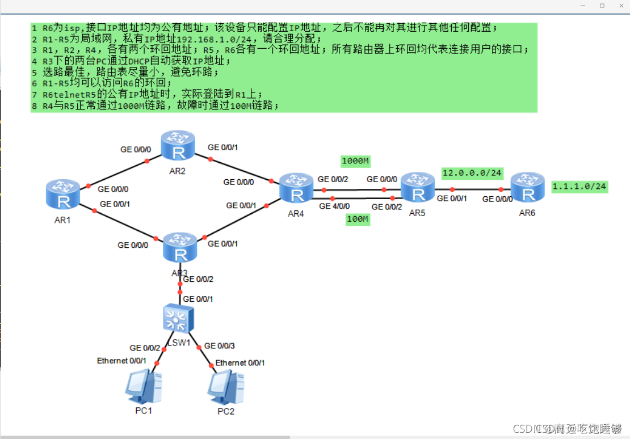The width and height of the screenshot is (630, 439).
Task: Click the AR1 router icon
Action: (x=63, y=194)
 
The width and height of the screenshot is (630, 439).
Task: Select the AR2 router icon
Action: (x=178, y=145)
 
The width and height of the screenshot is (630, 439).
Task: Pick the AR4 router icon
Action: (x=296, y=188)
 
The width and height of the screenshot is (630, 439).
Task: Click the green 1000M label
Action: (x=355, y=161)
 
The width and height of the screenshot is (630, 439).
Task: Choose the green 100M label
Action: (x=358, y=219)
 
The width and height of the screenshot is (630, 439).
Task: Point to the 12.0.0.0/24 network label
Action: (x=472, y=173)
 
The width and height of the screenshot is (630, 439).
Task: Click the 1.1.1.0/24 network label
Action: (x=579, y=186)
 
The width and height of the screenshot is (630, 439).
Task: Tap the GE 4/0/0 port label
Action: (x=334, y=206)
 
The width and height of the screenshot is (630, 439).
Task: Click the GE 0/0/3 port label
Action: (x=219, y=345)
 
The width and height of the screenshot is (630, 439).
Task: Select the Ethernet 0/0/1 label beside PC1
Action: (x=121, y=361)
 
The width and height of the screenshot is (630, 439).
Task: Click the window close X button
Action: (x=620, y=5)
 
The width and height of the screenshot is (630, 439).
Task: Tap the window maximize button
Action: (x=602, y=5)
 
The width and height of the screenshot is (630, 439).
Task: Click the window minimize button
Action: (x=583, y=5)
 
